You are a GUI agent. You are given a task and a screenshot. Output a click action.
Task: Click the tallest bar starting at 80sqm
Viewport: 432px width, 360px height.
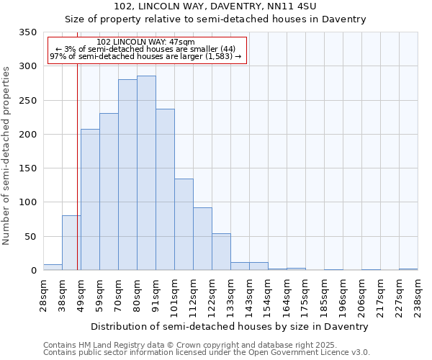(x=146, y=173)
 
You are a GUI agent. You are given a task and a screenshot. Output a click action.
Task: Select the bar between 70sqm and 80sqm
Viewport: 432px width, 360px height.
(x=127, y=175)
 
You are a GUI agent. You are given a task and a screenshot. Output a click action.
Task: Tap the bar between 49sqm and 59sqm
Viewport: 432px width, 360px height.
(x=90, y=199)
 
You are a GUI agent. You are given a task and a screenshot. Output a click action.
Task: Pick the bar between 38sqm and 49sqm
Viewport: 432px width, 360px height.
(x=71, y=243)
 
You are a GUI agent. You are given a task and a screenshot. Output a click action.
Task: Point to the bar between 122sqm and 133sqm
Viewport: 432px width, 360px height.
(x=221, y=252)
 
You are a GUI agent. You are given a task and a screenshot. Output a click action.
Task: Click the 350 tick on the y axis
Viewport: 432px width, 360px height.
(x=27, y=32)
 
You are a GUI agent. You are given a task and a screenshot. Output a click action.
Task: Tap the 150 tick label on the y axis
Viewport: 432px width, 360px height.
(x=27, y=168)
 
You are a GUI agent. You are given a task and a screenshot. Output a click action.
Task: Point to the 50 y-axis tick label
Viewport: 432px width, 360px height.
(x=30, y=237)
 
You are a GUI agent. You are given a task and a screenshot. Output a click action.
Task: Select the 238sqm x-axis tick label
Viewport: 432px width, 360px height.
(x=418, y=295)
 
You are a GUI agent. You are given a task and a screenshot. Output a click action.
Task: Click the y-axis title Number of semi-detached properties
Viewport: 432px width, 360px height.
(x=7, y=155)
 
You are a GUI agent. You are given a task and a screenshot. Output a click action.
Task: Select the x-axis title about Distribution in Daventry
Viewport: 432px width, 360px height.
(x=230, y=326)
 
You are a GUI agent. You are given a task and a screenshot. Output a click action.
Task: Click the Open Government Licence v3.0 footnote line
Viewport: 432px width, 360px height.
(x=207, y=353)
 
